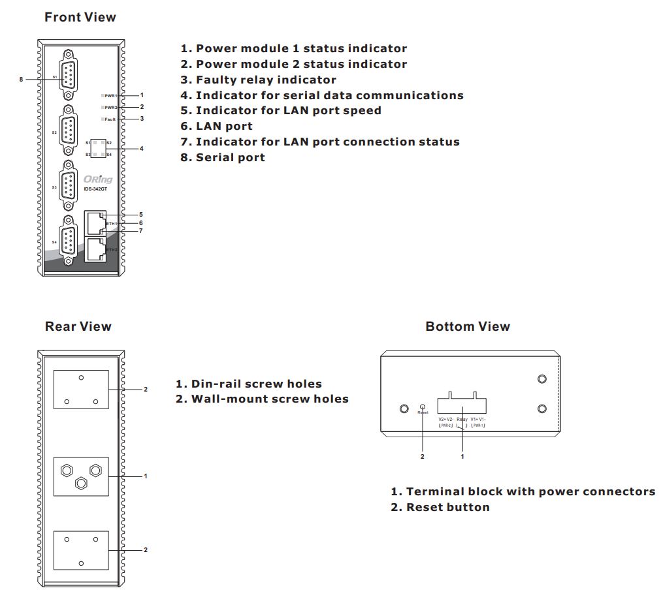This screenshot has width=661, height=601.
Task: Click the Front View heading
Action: click(80, 18)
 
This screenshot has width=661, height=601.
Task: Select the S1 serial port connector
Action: click(69, 78)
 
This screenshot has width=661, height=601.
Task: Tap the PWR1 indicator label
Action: click(111, 96)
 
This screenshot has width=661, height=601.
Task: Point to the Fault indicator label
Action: click(110, 119)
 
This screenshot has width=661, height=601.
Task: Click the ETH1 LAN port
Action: click(95, 223)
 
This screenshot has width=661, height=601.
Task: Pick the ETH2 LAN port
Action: click(95, 249)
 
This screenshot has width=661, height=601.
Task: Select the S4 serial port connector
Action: click(69, 241)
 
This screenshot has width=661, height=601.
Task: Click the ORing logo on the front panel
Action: click(98, 179)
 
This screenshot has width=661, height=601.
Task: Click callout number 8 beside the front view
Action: click(21, 79)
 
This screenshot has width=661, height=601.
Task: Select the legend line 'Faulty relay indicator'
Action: click(258, 80)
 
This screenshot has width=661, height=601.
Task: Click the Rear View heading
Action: click(78, 326)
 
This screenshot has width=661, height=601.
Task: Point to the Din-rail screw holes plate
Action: click(81, 476)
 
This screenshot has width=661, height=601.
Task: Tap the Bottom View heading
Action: click(468, 326)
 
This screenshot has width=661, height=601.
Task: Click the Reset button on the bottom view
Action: click(423, 407)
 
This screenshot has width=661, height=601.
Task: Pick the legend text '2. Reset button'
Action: click(440, 507)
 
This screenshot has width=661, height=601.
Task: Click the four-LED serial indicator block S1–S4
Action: click(98, 149)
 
